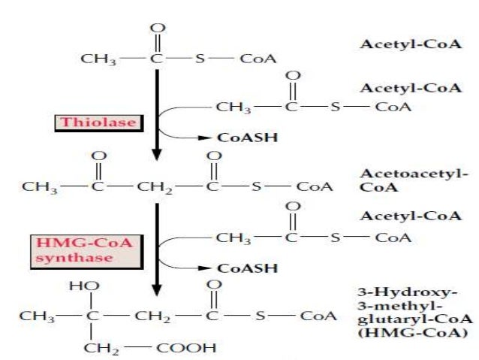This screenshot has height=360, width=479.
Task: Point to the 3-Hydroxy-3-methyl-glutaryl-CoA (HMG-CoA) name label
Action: pos(411,312)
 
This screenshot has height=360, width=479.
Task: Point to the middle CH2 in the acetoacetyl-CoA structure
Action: pos(154,186)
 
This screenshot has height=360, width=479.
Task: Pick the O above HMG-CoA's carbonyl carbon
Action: pos(214,286)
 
